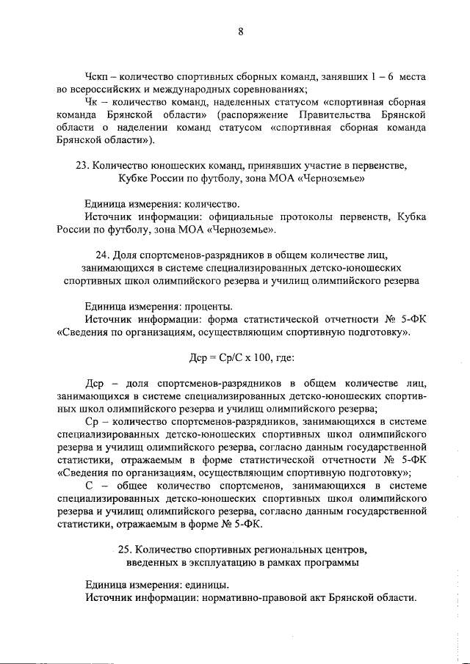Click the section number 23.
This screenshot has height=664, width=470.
click(82, 166)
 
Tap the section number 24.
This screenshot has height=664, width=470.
click(102, 255)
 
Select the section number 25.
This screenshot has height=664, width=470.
click(123, 550)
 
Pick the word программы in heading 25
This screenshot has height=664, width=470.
click(336, 563)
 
